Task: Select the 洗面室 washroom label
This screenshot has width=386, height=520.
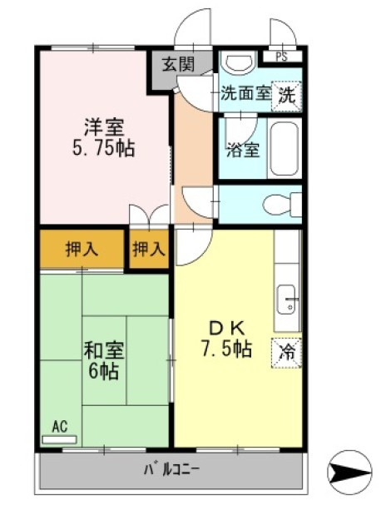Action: [x=245, y=94]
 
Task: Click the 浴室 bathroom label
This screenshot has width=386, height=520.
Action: [x=243, y=151]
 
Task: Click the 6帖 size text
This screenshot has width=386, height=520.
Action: [x=104, y=371]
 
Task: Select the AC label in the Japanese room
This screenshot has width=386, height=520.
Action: [x=59, y=426]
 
